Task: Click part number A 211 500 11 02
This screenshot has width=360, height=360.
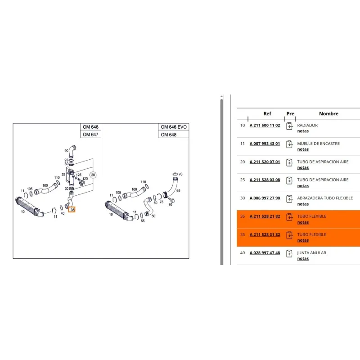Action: [x=265, y=126]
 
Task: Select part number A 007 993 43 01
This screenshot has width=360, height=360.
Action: [x=265, y=144]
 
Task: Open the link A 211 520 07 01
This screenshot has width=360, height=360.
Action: [x=265, y=162]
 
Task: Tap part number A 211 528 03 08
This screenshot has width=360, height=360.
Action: [x=265, y=180]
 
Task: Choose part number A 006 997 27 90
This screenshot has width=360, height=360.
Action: [x=265, y=198]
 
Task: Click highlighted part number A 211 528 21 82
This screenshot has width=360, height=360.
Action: [x=265, y=216]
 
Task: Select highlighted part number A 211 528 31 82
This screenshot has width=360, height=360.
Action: [x=265, y=234]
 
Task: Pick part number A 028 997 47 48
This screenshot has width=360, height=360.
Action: [x=265, y=253]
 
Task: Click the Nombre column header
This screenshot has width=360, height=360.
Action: [x=328, y=113]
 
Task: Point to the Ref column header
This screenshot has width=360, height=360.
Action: [x=267, y=113]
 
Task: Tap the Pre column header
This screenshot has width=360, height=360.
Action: [x=290, y=113]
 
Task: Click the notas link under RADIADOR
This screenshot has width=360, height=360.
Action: [x=303, y=131]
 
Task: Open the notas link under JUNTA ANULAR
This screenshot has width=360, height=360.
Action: [x=303, y=258]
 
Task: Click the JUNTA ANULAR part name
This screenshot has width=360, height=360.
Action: [x=311, y=253]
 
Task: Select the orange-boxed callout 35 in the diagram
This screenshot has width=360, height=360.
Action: [x=72, y=210]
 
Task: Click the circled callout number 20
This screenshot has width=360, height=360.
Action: [x=93, y=175]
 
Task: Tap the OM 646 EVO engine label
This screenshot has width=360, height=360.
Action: [x=174, y=127]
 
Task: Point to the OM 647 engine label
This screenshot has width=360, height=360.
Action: [x=90, y=135]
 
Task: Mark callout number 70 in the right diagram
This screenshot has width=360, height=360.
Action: [x=180, y=174]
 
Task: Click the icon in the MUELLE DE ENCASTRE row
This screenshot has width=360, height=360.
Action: [x=289, y=144]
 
